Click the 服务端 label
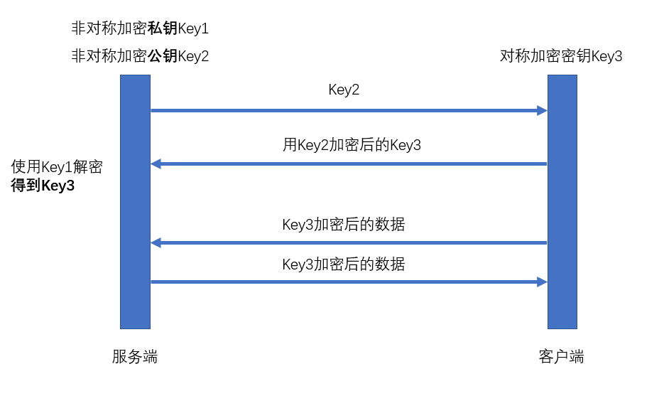tap(134, 357)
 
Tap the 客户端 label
tap(561, 357)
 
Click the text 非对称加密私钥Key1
tap(140, 29)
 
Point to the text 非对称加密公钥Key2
tap(140, 56)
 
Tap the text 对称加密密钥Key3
tap(561, 56)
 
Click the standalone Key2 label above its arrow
tap(344, 90)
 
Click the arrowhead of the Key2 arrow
tap(543, 110)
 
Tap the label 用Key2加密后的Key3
tap(352, 145)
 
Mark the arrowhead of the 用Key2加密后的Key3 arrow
tap(156, 164)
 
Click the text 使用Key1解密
tap(57, 167)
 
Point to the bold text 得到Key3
tap(43, 186)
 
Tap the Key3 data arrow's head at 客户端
tap(543, 282)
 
